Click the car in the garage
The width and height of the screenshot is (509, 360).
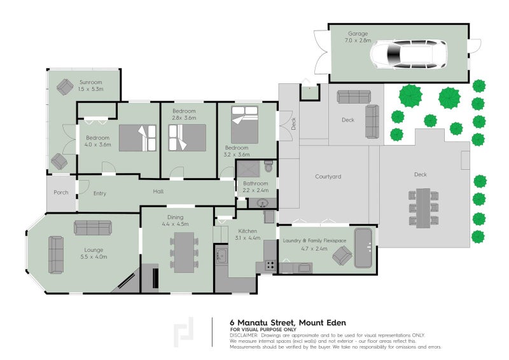tap(408, 54)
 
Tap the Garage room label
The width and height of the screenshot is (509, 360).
tap(358, 34)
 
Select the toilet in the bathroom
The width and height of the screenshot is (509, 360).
tap(268, 166)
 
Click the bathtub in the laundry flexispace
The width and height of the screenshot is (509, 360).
tap(363, 248)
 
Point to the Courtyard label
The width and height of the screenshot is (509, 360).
tap(328, 177)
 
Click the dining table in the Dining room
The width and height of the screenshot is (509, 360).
tap(184, 253)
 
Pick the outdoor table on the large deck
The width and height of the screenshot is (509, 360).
tap(423, 208)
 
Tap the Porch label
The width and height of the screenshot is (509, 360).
tap(61, 193)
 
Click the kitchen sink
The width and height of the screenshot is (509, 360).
tap(221, 256)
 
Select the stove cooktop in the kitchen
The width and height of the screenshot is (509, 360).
tap(270, 265)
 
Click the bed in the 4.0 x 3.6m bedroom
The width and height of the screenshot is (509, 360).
tap(137, 137)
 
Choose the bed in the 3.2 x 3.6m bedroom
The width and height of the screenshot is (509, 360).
tap(244, 124)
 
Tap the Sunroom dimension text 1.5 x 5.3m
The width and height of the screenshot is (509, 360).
tap(90, 89)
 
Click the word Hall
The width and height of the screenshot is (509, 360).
tap(158, 191)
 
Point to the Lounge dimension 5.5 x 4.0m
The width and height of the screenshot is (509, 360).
tap(94, 257)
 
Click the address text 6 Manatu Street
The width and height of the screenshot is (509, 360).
tap(262, 322)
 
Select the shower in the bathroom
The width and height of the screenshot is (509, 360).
tap(248, 169)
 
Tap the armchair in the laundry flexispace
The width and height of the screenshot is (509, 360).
tap(342, 255)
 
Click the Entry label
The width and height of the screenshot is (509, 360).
tap(100, 193)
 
